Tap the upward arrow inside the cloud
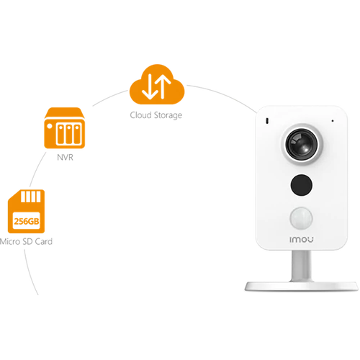coord(163,86)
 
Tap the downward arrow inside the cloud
coord(150,87)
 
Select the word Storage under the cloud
coord(168,115)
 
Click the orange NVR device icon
coord(65,128)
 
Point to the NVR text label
coord(65,158)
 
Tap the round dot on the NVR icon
coord(50,126)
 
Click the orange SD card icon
coord(27,212)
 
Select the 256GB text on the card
coord(27,221)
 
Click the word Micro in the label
coord(9,241)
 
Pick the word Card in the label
coord(44,241)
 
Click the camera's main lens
coord(302,144)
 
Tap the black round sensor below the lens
coord(302,185)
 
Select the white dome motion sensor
coord(301,218)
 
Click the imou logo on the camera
coord(302,240)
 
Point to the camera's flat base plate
coord(302,286)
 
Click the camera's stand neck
coord(302,266)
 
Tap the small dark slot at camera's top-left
coord(267,121)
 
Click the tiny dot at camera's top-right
coord(333,121)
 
